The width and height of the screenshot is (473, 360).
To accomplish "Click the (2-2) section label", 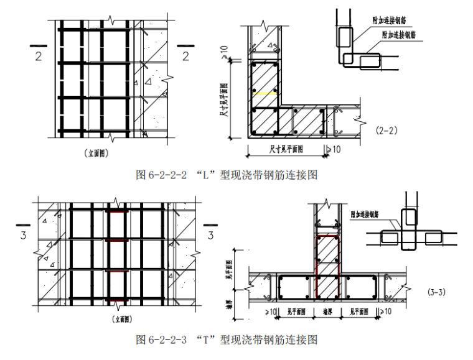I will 386,131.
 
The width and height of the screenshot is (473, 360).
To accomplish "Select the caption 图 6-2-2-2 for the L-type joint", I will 227,175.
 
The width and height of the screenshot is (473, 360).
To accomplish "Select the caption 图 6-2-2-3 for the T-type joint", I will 227,339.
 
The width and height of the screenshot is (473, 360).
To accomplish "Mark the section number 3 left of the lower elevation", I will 24,235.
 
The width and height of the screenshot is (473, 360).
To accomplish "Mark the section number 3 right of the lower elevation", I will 210,235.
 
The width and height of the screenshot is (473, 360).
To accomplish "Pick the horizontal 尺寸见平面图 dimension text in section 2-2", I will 286,149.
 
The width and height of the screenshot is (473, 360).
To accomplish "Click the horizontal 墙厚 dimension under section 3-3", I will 324,311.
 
